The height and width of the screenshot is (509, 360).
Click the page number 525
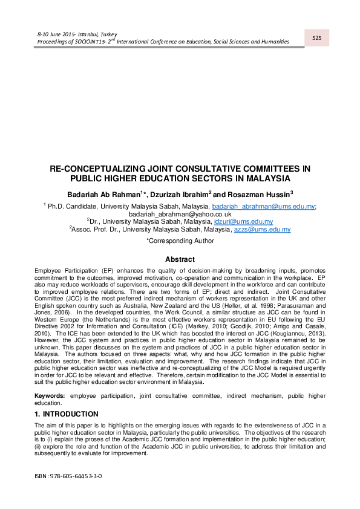click(x=316, y=38)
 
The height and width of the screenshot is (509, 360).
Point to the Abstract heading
click(x=180, y=259)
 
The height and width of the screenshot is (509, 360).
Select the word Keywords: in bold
click(x=50, y=395)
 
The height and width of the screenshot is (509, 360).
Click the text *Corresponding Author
click(x=180, y=241)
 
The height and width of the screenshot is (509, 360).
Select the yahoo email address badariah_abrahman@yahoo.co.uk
click(x=180, y=214)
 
